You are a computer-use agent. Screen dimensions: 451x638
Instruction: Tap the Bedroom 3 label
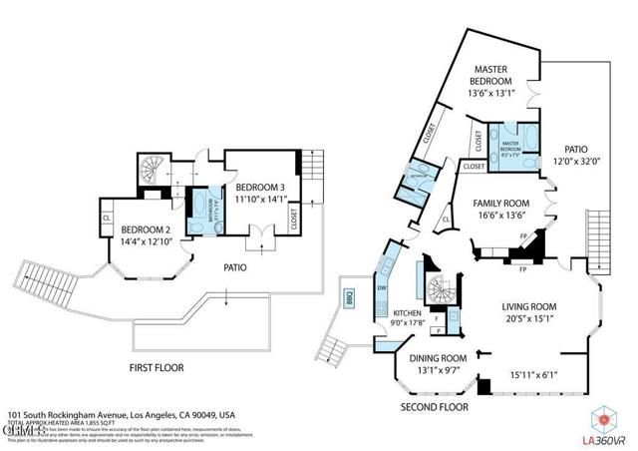(261, 188)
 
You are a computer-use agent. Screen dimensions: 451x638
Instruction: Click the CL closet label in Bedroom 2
(106, 217)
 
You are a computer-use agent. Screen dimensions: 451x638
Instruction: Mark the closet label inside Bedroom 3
(295, 219)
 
